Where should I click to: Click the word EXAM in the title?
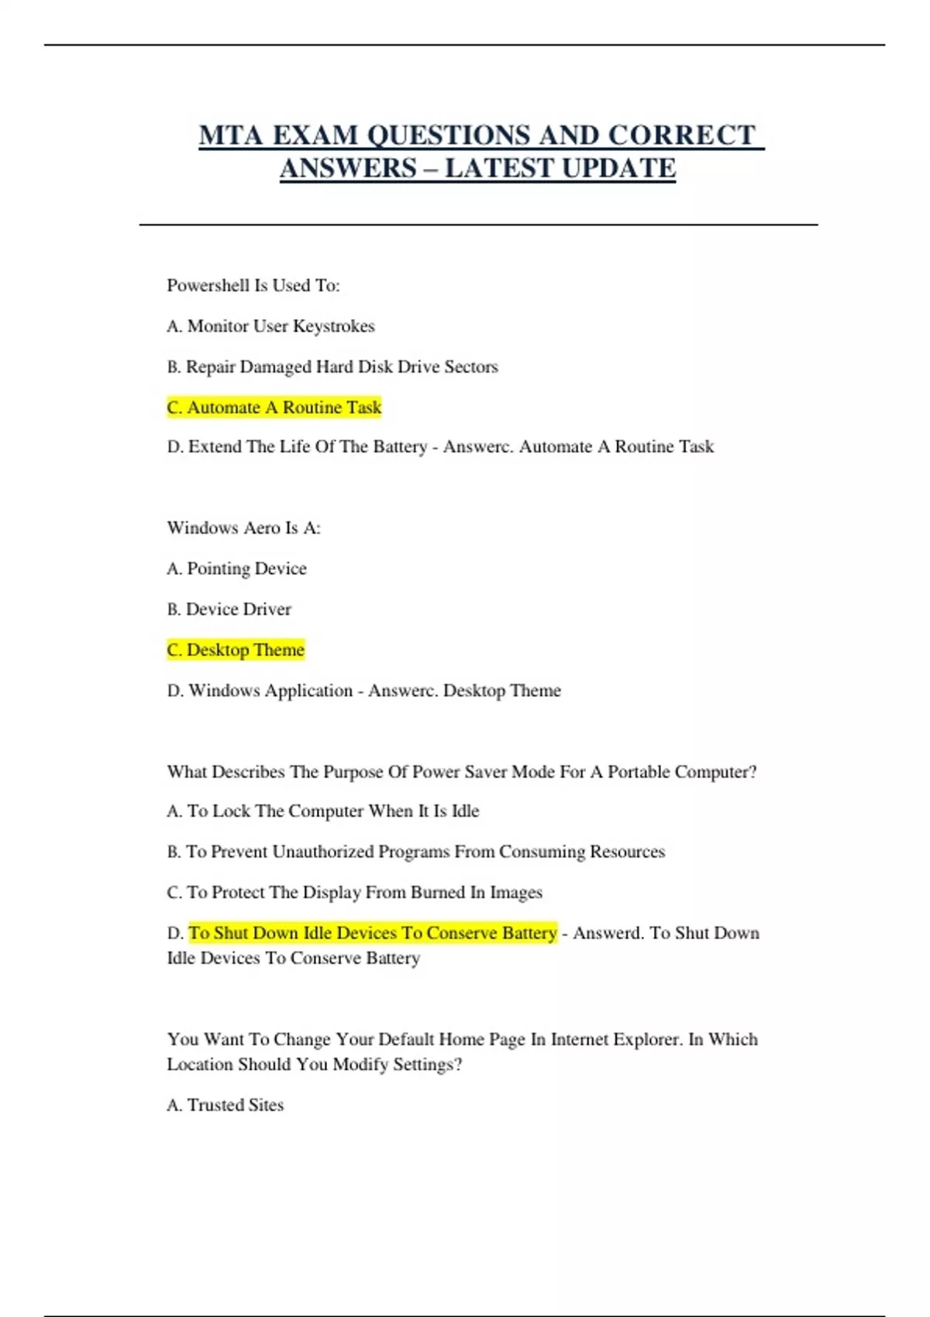[x=314, y=136]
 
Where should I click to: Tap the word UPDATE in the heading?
[x=618, y=168]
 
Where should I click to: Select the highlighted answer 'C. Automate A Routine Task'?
[x=274, y=407]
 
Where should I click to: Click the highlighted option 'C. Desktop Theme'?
[x=236, y=650]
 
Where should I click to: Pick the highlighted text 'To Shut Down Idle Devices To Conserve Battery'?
[x=373, y=933]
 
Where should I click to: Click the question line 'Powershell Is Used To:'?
[x=253, y=286]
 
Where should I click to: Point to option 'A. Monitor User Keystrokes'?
[x=270, y=326]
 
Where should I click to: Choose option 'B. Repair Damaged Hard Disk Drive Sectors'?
[x=332, y=367]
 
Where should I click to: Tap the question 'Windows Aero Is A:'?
[x=243, y=528]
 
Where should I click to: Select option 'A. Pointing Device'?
[x=236, y=569]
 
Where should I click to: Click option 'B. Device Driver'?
[x=229, y=610]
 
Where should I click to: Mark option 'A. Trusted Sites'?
[x=225, y=1106]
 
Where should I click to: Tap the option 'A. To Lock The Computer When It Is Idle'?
[x=323, y=811]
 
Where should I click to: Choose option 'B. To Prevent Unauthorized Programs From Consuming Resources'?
[x=415, y=852]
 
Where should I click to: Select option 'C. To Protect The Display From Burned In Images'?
[x=354, y=892]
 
